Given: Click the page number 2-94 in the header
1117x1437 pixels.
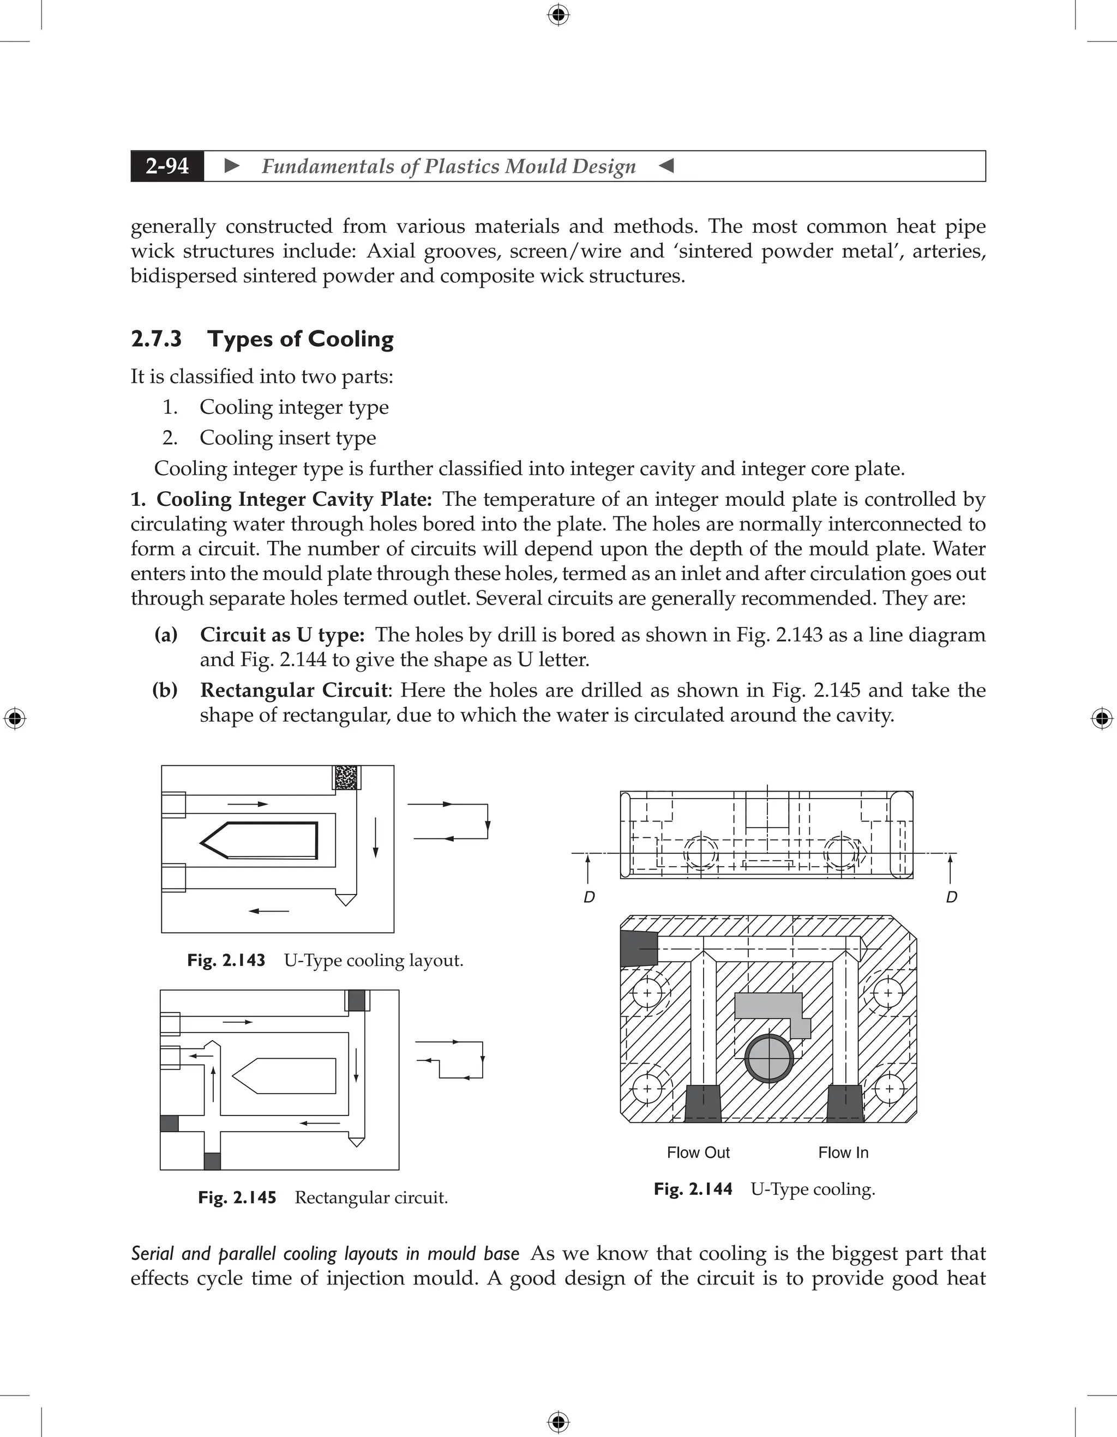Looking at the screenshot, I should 167,166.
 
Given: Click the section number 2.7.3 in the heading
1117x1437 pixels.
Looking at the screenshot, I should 156,339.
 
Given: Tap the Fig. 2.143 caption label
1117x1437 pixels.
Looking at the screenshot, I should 226,960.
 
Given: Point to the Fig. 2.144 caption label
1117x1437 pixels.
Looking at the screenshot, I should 693,1188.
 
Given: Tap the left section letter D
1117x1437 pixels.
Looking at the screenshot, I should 589,897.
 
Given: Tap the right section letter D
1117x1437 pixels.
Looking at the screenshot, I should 951,897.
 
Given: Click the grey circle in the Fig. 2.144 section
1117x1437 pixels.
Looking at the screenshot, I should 770,1059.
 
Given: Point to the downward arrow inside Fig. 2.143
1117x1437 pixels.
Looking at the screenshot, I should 375,837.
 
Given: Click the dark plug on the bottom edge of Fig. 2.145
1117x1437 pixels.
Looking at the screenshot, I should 212,1161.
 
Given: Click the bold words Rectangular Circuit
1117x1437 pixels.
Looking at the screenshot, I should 293,690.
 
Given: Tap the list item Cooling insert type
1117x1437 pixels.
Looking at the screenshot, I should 287,438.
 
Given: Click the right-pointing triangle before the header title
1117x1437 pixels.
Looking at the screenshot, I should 232,166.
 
